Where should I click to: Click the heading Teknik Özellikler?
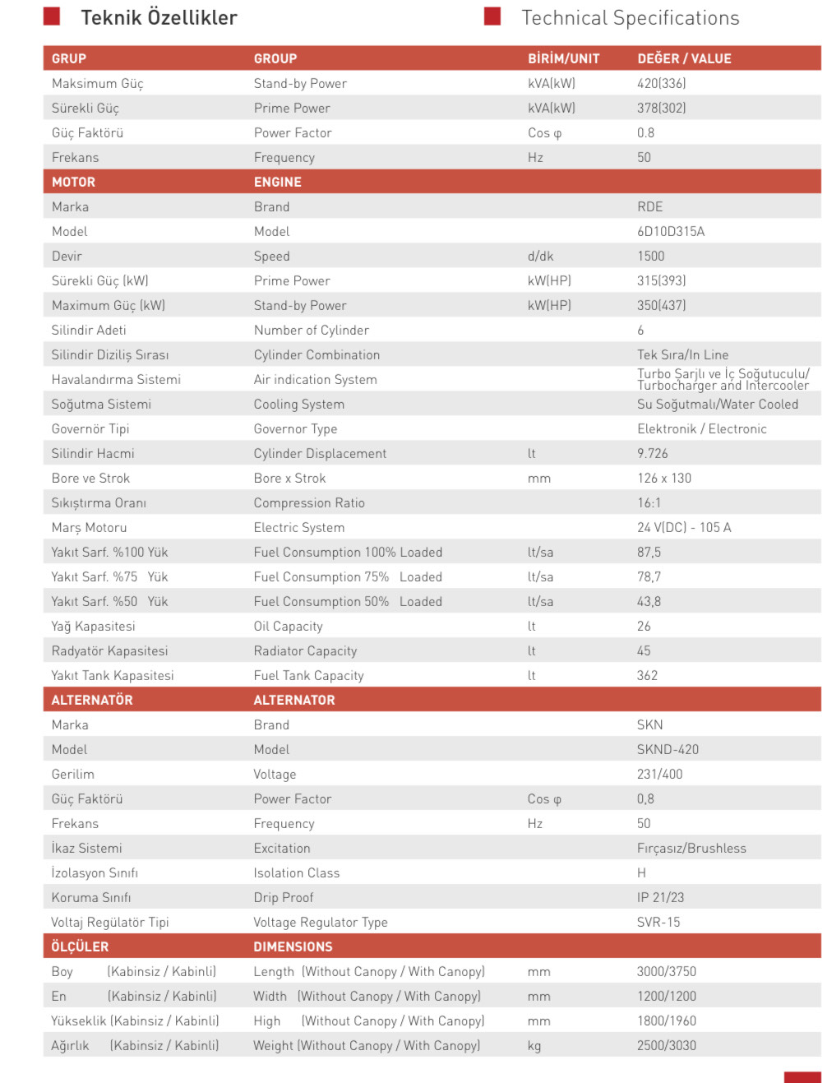pos(159,17)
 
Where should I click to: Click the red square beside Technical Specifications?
pos(492,16)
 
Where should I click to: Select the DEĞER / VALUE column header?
pos(684,58)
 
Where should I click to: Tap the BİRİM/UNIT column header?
pos(563,58)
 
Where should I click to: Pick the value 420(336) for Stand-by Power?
pos(661,83)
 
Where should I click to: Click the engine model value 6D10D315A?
pos(671,231)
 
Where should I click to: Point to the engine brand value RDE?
pos(649,206)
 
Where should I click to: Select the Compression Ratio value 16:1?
pos(649,502)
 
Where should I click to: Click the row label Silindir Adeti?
pos(89,330)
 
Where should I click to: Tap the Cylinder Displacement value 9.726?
pos(653,453)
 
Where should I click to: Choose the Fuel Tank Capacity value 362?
pos(647,675)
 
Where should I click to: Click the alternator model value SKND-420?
pos(668,749)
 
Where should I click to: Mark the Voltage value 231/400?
pos(659,774)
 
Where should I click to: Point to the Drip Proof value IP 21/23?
pos(660,897)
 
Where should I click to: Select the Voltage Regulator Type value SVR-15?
pos(658,922)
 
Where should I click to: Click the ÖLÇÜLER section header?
pos(80,946)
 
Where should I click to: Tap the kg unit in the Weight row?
pos(534,1045)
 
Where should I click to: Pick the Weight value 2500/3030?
pos(666,1045)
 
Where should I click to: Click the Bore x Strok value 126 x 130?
pos(664,478)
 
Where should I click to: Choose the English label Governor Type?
pos(295,428)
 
